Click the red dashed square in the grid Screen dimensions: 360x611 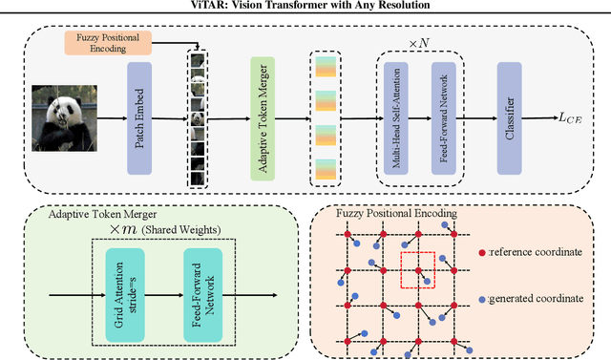click(x=418, y=270)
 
